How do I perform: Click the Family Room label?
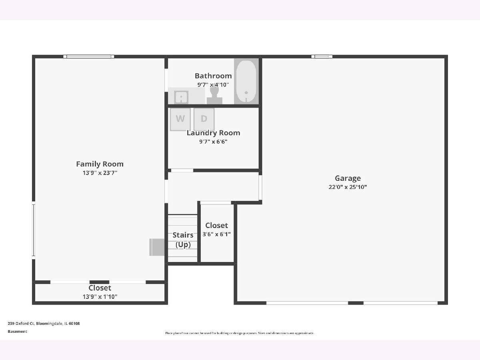coord(100,164)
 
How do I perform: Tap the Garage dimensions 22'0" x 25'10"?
coord(348,187)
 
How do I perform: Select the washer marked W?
coord(180,119)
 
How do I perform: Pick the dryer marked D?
coord(204,119)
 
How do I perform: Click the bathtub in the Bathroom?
coord(246,81)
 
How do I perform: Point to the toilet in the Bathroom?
coord(214,96)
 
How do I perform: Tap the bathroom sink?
coord(181,97)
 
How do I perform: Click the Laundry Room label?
coord(213,133)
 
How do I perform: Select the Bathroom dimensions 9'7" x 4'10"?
coord(213,84)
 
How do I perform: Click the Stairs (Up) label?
coord(183,240)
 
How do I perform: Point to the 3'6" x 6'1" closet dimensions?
coord(216,234)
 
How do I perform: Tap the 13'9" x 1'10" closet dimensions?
coord(100,297)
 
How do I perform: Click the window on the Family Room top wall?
coord(88,57)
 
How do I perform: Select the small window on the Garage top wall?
coord(322,57)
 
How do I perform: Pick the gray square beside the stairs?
coord(157,247)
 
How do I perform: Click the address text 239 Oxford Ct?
coord(21,324)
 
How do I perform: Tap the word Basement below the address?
coord(18,331)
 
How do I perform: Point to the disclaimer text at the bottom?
coord(240,333)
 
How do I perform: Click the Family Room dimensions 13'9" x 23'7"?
coord(100,173)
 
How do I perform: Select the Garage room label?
coord(348,178)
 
